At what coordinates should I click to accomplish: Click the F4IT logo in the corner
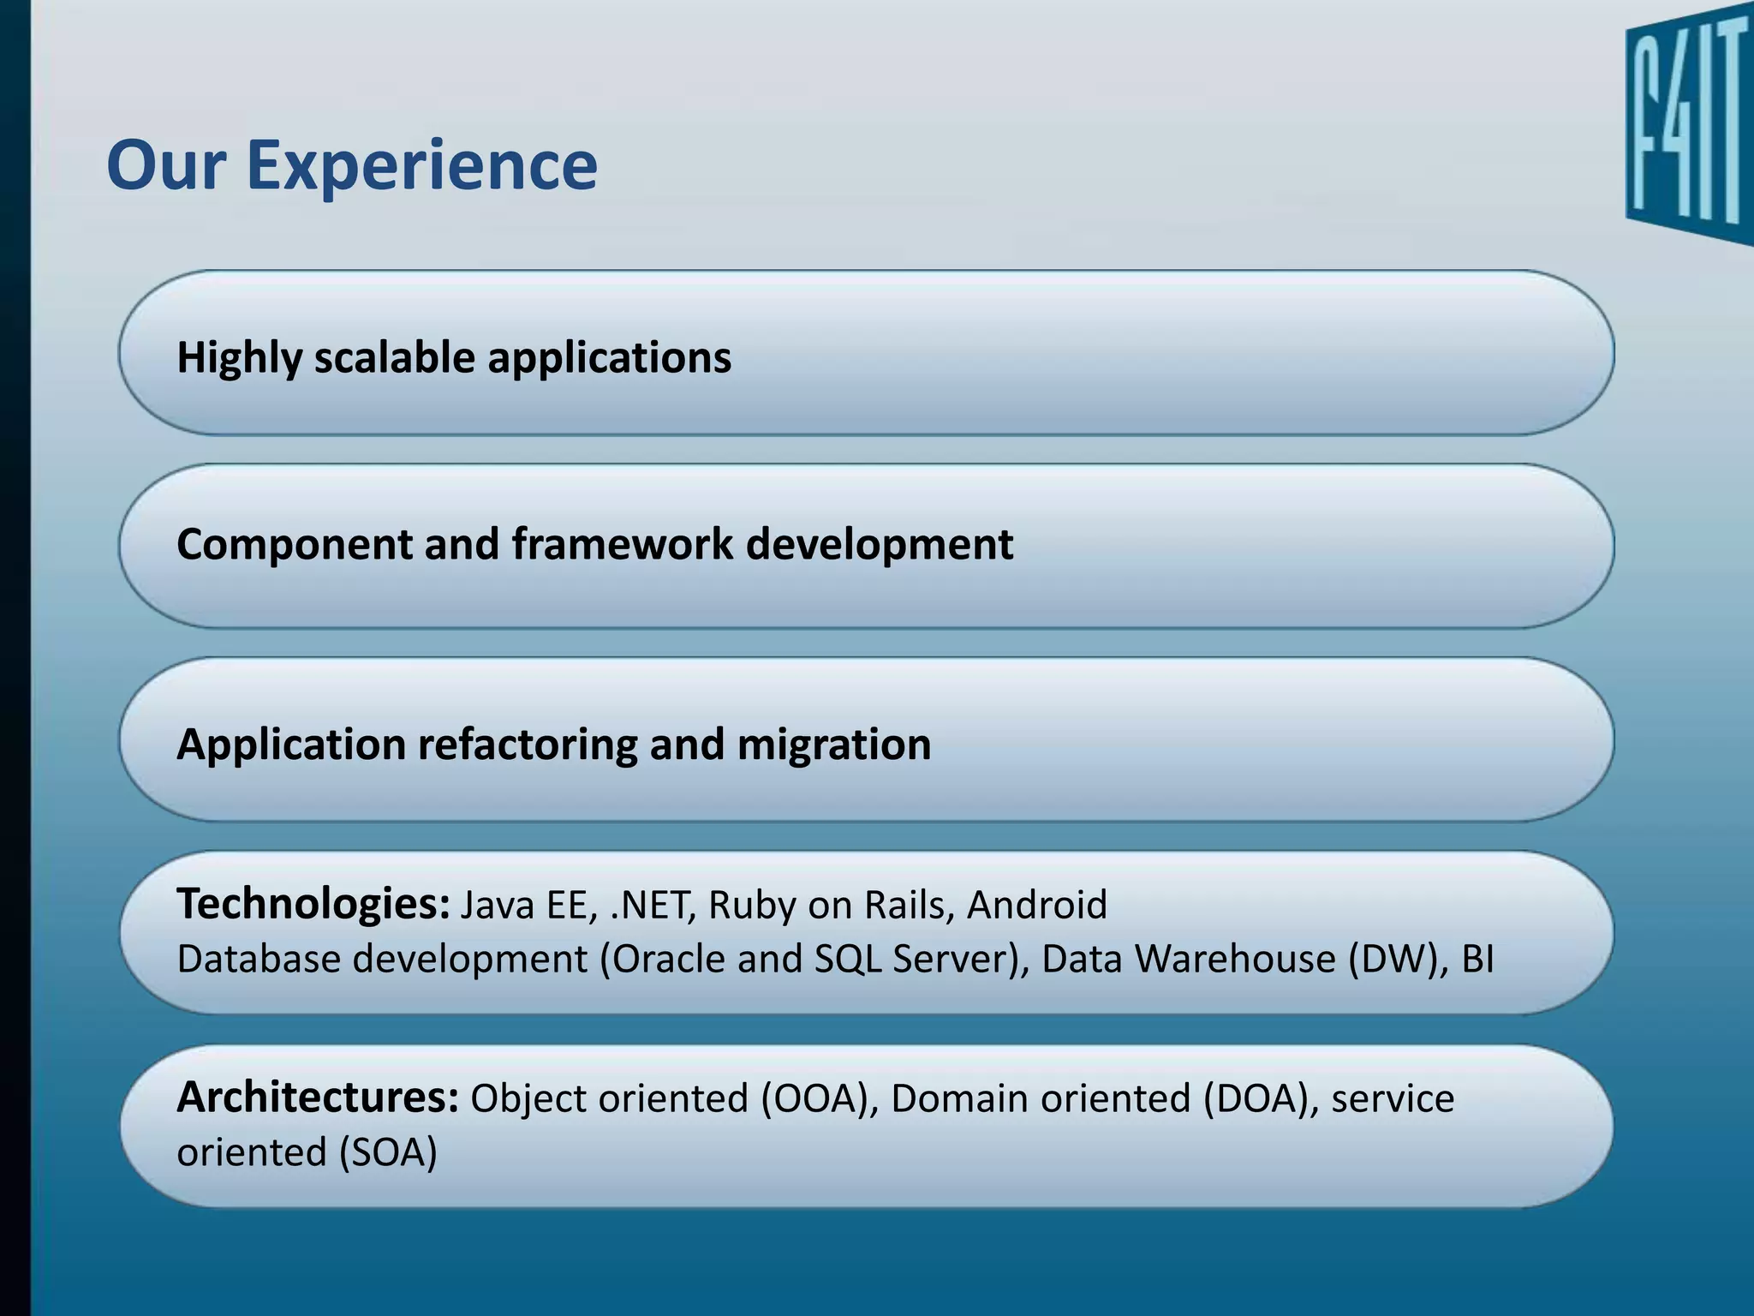[x=1687, y=133]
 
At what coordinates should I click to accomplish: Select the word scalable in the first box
[x=393, y=357]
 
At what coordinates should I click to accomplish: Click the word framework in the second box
[x=622, y=544]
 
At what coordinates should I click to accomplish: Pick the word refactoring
[x=527, y=744]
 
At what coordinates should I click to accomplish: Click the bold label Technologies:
[x=313, y=904]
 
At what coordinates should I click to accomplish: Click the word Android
[x=1036, y=905]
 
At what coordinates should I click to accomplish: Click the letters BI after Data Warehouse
[x=1477, y=959]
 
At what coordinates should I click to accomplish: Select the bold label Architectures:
[x=318, y=1098]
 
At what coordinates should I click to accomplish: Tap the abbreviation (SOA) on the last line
[x=388, y=1152]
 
